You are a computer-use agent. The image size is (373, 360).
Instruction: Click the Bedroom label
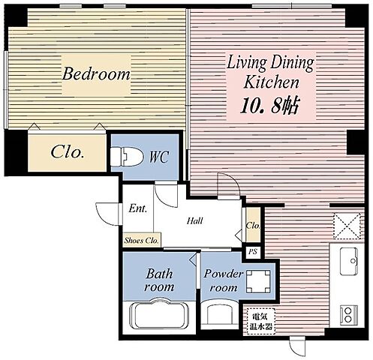click(x=96, y=74)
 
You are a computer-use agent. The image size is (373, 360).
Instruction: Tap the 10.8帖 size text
click(x=269, y=106)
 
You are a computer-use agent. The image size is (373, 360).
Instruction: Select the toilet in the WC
click(x=127, y=157)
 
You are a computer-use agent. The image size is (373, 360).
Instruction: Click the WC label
click(x=159, y=157)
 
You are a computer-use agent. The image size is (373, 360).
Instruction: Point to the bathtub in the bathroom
click(x=158, y=315)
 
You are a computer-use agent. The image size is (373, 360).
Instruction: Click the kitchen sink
click(x=349, y=262)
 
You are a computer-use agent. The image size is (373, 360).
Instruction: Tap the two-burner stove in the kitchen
click(x=348, y=315)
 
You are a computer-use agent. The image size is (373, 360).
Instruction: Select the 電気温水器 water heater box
click(x=261, y=322)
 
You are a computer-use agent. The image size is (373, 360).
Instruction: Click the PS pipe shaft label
click(x=253, y=251)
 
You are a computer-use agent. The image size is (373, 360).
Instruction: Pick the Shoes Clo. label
click(x=142, y=241)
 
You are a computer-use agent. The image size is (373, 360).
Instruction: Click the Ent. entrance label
click(x=138, y=208)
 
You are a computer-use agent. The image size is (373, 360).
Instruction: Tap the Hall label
click(x=195, y=220)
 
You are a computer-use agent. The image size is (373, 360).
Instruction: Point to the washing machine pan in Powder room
click(x=258, y=281)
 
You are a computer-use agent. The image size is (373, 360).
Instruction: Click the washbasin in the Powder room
click(x=220, y=313)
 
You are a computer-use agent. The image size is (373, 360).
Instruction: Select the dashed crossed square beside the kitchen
click(x=347, y=226)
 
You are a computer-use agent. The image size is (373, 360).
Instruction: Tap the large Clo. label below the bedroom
click(x=67, y=152)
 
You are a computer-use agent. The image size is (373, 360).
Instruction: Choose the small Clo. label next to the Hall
click(x=253, y=225)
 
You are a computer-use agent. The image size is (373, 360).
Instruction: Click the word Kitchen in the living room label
click(x=271, y=82)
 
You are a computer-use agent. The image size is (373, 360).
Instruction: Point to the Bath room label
click(x=159, y=280)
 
